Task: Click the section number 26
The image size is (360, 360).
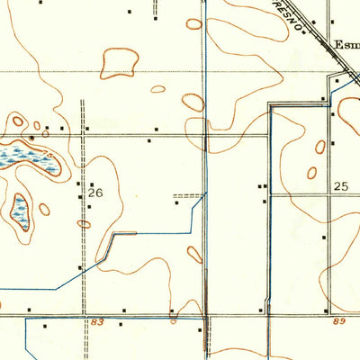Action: [x=96, y=192]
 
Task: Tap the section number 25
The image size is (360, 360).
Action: [x=340, y=186]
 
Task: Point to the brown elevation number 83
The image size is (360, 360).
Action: [x=97, y=322]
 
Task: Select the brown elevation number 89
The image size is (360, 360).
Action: [x=338, y=322]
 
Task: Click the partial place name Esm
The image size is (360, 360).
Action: [x=346, y=42]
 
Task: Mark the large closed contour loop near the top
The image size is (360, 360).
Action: [x=120, y=62]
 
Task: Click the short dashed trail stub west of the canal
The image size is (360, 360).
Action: [x=187, y=194]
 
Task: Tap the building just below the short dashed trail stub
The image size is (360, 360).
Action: [x=177, y=202]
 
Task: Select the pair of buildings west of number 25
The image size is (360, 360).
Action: [x=262, y=187]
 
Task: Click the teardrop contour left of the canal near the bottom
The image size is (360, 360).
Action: [x=194, y=255]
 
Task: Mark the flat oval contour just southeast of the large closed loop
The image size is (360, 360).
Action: [x=157, y=89]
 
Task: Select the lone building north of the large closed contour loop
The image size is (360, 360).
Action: [x=130, y=12]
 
